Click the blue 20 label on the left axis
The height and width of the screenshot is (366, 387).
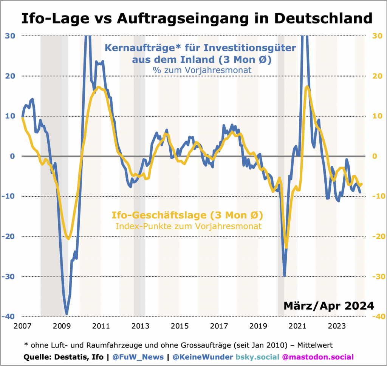tap(10, 76)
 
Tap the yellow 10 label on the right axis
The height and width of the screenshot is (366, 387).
tap(377, 116)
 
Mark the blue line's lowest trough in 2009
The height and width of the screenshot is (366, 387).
tap(67, 313)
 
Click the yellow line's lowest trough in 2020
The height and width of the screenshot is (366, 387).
tap(286, 247)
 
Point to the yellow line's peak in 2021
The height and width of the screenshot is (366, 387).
tap(307, 87)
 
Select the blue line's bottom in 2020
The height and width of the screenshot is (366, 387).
tap(285, 276)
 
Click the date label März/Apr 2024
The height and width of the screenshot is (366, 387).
tap(328, 305)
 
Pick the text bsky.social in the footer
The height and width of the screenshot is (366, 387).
tap(257, 357)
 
